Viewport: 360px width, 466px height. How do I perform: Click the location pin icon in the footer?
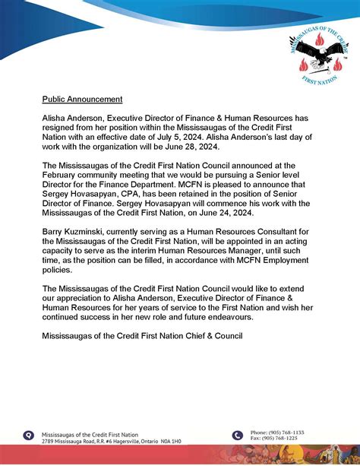click(29, 436)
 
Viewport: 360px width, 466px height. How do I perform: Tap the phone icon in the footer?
click(238, 435)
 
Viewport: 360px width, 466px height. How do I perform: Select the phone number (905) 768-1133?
click(288, 432)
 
